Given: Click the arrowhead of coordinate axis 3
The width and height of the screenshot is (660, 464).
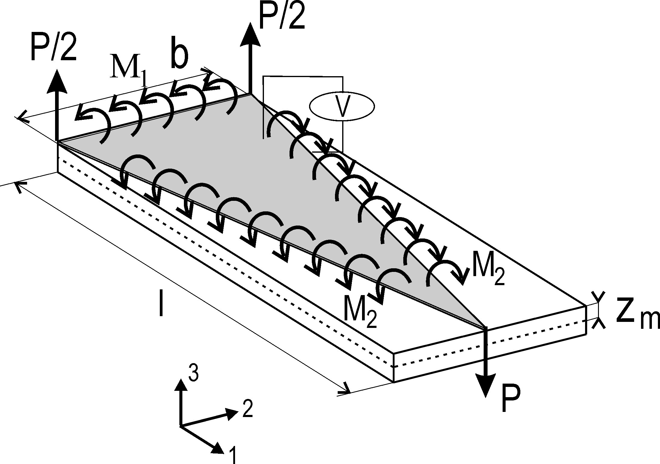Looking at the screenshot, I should [x=181, y=387].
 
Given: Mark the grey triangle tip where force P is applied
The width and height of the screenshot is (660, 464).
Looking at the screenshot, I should [x=485, y=328].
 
